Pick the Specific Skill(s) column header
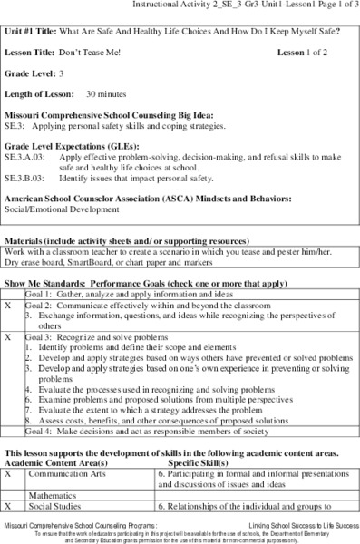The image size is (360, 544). coord(199,461)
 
